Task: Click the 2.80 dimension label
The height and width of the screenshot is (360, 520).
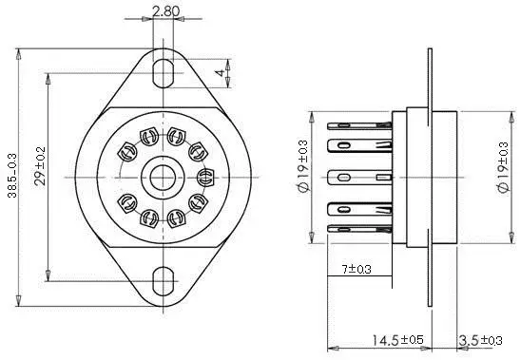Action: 165,11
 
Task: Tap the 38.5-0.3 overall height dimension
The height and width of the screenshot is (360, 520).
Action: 12,176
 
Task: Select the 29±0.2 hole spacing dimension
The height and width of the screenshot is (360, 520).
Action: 40,165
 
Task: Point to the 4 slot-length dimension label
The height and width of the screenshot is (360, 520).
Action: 220,73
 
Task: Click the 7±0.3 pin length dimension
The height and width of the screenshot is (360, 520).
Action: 356,269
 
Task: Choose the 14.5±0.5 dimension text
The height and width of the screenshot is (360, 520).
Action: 397,340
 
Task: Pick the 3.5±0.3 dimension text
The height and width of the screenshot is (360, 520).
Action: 480,340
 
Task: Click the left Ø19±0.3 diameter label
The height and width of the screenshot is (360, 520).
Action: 303,165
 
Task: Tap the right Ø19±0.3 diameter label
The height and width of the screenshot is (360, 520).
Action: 503,167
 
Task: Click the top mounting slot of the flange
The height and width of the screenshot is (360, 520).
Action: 164,73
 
